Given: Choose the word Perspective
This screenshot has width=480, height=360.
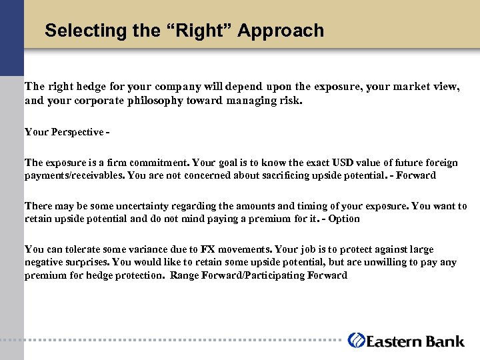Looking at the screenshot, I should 75,132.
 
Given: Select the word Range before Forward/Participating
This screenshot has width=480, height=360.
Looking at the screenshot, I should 184,275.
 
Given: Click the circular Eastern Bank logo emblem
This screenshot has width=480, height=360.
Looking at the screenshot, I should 356,340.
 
